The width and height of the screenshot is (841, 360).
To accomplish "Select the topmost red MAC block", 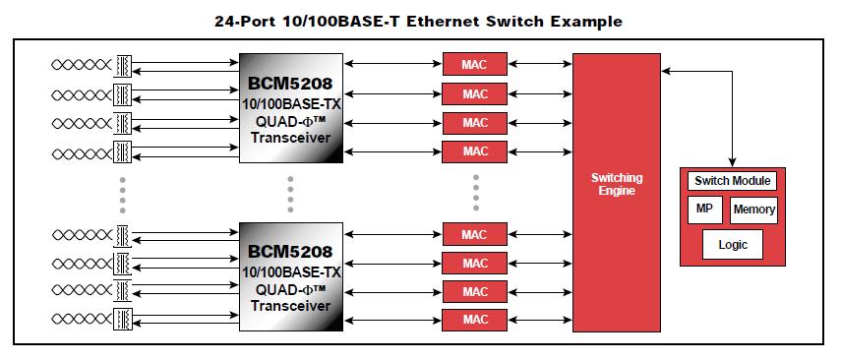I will click(x=475, y=65).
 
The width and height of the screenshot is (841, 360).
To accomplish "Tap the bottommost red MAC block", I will click(x=475, y=321).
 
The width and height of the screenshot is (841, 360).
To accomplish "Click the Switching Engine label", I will click(x=617, y=184).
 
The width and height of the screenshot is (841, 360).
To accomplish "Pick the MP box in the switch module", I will click(x=704, y=210).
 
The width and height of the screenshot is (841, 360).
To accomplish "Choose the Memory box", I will click(x=754, y=210).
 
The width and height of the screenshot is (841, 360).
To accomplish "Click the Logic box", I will click(x=733, y=244).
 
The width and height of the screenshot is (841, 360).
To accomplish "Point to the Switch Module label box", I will click(x=733, y=181).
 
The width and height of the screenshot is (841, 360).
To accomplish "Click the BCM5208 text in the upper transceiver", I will click(x=290, y=83).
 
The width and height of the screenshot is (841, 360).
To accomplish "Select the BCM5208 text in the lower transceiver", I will click(x=290, y=252).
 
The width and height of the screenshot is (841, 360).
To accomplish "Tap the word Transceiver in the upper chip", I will click(x=290, y=139).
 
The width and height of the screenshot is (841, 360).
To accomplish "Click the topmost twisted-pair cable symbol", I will click(x=83, y=65).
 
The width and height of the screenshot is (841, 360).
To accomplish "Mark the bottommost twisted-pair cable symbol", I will click(x=83, y=321).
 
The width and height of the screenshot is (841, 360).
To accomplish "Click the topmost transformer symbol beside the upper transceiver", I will click(x=124, y=65).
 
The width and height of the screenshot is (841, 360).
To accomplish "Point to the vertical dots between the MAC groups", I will click(x=475, y=193).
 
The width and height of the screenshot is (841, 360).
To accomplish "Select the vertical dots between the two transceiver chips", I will click(x=290, y=193).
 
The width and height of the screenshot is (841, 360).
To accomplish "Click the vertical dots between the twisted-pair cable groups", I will click(x=121, y=193).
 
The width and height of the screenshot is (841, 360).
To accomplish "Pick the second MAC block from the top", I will click(x=475, y=94).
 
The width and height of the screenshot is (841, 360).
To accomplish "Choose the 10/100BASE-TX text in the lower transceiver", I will click(x=290, y=270).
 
